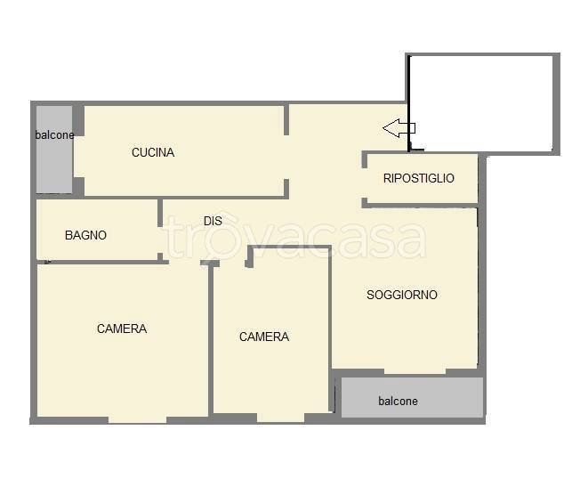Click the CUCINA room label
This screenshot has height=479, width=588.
pyautogui.click(x=153, y=152)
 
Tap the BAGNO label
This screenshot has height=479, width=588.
pyautogui.click(x=86, y=235)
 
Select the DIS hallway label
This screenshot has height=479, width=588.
pyautogui.click(x=213, y=221)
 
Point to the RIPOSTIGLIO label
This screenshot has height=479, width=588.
pyautogui.click(x=418, y=178)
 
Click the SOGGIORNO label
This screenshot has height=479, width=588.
pyautogui.click(x=402, y=295)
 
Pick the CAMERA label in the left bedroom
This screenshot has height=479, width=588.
pyautogui.click(x=122, y=329)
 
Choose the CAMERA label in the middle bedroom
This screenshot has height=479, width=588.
pyautogui.click(x=264, y=337)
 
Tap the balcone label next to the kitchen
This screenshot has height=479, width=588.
pyautogui.click(x=55, y=135)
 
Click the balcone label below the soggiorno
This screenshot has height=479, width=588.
pyautogui.click(x=398, y=402)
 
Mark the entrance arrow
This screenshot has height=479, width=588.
pyautogui.click(x=399, y=128)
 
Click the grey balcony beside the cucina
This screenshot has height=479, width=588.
pyautogui.click(x=54, y=150)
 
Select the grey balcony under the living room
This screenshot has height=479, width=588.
pyautogui.click(x=412, y=397)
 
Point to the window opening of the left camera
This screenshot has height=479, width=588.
pyautogui.click(x=137, y=419)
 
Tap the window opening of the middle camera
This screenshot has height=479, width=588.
pyautogui.click(x=280, y=418)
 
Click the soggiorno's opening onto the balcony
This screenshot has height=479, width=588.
pyautogui.click(x=415, y=371)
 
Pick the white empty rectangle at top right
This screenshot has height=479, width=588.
pyautogui.click(x=481, y=103)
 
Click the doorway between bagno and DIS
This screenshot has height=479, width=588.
pyautogui.click(x=160, y=240)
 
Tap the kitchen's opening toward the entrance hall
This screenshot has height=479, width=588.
pyautogui.click(x=286, y=158)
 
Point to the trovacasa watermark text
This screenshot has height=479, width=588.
pyautogui.click(x=295, y=237)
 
